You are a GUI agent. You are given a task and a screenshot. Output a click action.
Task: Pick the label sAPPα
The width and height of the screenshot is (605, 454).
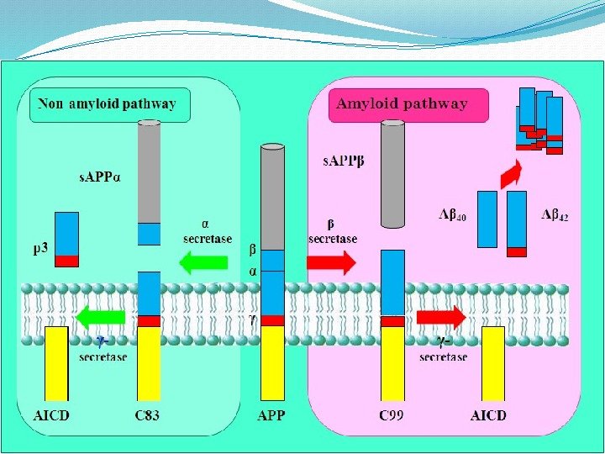(100, 178)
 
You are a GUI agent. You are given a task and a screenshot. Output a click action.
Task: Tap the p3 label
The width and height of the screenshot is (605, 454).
(40, 249)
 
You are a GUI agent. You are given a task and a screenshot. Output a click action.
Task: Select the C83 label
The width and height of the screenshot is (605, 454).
(148, 414)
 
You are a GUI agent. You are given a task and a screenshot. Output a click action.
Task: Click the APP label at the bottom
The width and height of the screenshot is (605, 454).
(271, 414)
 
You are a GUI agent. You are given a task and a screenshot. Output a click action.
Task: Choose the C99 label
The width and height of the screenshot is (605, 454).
(392, 414)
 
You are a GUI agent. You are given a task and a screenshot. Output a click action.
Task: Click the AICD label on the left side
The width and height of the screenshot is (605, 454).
(51, 414)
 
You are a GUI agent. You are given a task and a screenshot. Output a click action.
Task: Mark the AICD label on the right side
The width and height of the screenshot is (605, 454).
(488, 414)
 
